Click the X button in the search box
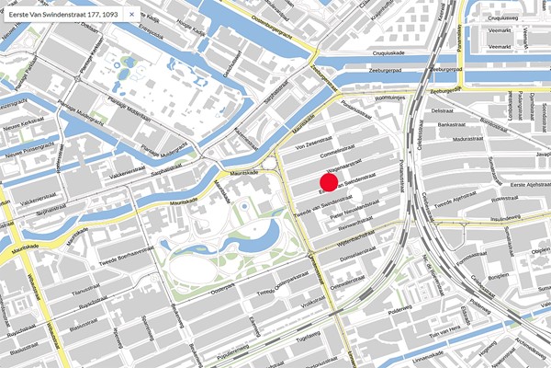tap(130, 16)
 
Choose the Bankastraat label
tap(453, 123)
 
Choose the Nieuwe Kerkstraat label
tap(24, 127)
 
